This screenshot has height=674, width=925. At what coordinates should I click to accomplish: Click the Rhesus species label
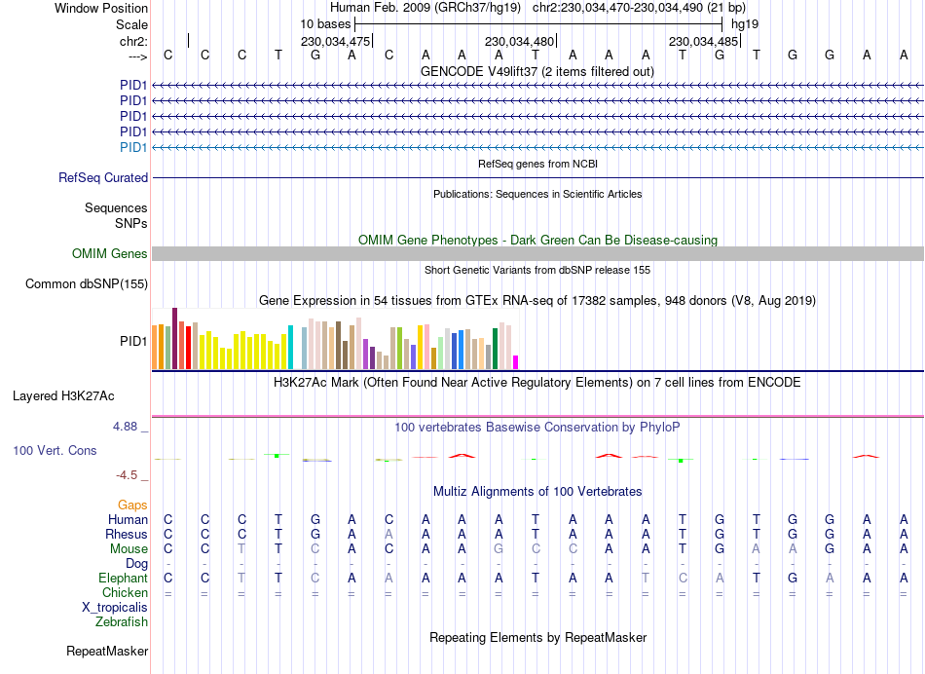point(126,534)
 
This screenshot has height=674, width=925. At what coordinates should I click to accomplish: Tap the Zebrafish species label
point(123,621)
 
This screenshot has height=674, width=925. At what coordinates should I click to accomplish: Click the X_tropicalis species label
point(115,607)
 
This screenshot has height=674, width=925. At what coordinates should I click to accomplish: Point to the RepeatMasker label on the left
point(107,651)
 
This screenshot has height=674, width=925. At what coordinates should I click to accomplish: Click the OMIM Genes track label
point(110,253)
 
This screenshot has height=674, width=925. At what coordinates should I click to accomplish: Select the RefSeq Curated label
point(103,177)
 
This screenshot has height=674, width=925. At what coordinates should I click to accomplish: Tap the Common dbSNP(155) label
point(87,284)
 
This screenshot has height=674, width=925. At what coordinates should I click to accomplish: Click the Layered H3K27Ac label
point(63,396)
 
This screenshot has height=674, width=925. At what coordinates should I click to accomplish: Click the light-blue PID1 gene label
point(133,147)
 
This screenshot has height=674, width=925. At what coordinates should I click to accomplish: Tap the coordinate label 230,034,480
point(519,42)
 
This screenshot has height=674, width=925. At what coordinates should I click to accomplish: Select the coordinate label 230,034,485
point(702,42)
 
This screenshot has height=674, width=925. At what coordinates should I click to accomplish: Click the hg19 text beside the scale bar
point(745,23)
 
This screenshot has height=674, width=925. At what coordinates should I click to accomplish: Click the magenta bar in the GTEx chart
point(516,361)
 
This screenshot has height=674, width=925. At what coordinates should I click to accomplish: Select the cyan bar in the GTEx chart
point(291,347)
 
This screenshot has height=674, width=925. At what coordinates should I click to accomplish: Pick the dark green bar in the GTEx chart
point(495,348)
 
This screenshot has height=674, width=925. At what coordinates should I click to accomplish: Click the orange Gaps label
point(132,505)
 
